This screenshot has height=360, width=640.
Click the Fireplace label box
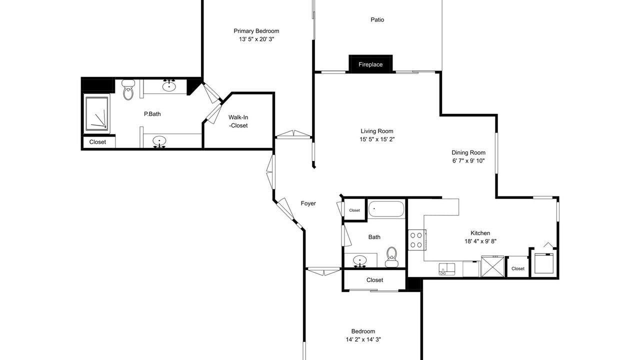tap(370, 64)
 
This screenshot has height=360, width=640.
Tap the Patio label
tap(377, 19)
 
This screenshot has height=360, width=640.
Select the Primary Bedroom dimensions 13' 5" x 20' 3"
tap(256, 39)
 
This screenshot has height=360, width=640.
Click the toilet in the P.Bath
tap(128, 89)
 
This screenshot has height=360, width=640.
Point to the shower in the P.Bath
tap(97, 113)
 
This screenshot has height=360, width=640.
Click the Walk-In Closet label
tap(238, 121)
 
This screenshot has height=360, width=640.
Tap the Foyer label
tap(308, 203)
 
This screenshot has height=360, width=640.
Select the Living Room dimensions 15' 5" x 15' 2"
tap(377, 139)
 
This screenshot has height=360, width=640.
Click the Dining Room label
tap(468, 152)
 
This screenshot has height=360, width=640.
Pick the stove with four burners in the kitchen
tap(416, 240)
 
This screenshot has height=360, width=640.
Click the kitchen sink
tap(447, 269)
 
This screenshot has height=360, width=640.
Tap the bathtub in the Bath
tap(386, 209)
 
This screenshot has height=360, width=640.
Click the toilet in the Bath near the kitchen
tap(391, 257)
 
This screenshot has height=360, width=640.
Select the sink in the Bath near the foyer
tap(360, 261)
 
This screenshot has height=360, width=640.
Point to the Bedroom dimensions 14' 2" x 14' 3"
tap(363, 339)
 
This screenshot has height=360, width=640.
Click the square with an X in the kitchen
tap(493, 266)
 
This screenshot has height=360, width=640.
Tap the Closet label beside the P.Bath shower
tap(97, 142)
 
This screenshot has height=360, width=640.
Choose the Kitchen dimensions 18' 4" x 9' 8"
tap(480, 241)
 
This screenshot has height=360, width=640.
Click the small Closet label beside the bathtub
tap(354, 210)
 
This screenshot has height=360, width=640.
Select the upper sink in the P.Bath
tap(169, 85)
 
